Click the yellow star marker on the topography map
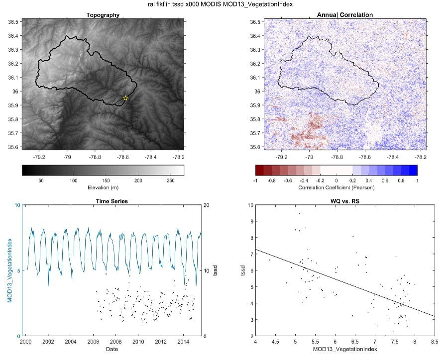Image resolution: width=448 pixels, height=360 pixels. (125, 98)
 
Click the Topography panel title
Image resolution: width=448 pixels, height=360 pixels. (103, 15)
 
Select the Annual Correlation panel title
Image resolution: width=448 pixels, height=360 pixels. (345, 15)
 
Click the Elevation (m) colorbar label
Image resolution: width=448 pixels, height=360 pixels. (103, 187)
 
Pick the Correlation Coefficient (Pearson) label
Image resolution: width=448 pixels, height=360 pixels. (336, 187)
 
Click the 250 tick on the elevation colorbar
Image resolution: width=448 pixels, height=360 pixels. (170, 180)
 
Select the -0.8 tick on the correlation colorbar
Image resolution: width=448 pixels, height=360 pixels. (272, 180)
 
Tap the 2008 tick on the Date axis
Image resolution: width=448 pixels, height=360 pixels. (115, 342)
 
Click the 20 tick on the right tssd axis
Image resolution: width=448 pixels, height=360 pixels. (207, 205)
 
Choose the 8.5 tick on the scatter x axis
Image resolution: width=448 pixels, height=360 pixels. (435, 342)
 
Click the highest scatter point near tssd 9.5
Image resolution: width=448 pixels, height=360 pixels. (299, 214)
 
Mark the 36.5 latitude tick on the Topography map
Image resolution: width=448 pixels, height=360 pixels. (14, 22)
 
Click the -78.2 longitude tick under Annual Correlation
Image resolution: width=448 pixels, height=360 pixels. (421, 156)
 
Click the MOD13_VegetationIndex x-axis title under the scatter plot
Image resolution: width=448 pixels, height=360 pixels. (344, 350)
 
